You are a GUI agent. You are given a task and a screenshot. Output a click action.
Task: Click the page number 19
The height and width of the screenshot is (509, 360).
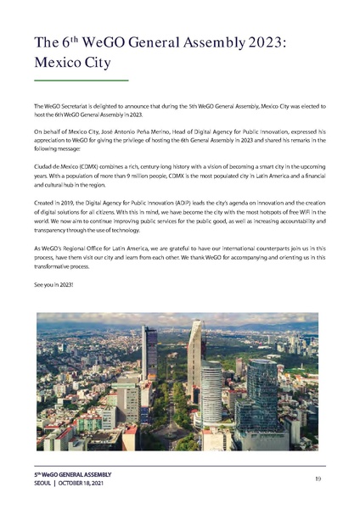point(317,479)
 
